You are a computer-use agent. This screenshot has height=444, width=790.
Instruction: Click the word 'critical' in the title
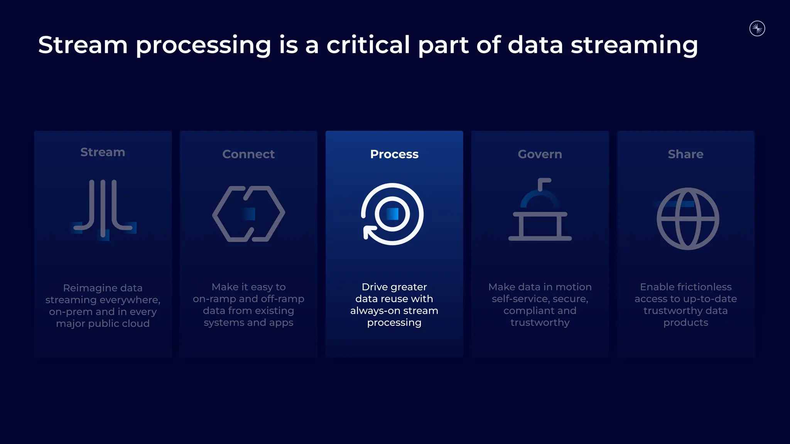click(368, 45)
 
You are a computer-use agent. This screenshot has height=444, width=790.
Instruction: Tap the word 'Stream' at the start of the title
click(83, 45)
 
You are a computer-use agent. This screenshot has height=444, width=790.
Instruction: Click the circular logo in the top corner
click(757, 29)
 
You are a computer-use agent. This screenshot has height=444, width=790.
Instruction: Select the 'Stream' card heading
click(103, 152)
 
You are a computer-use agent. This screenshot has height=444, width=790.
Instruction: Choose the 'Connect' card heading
click(248, 154)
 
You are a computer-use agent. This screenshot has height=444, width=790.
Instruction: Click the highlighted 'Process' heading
click(394, 154)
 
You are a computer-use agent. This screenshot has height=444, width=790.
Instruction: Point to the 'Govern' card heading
click(540, 154)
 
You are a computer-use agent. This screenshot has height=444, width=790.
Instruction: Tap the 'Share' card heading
click(685, 154)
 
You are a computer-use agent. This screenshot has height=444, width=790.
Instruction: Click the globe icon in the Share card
click(688, 219)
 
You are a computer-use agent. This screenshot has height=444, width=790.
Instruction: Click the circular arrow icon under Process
click(392, 214)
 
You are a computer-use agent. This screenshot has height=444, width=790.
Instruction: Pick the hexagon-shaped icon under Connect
click(248, 214)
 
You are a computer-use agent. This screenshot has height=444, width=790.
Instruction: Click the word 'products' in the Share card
click(685, 323)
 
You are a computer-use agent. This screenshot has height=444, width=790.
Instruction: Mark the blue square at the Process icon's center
click(392, 214)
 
